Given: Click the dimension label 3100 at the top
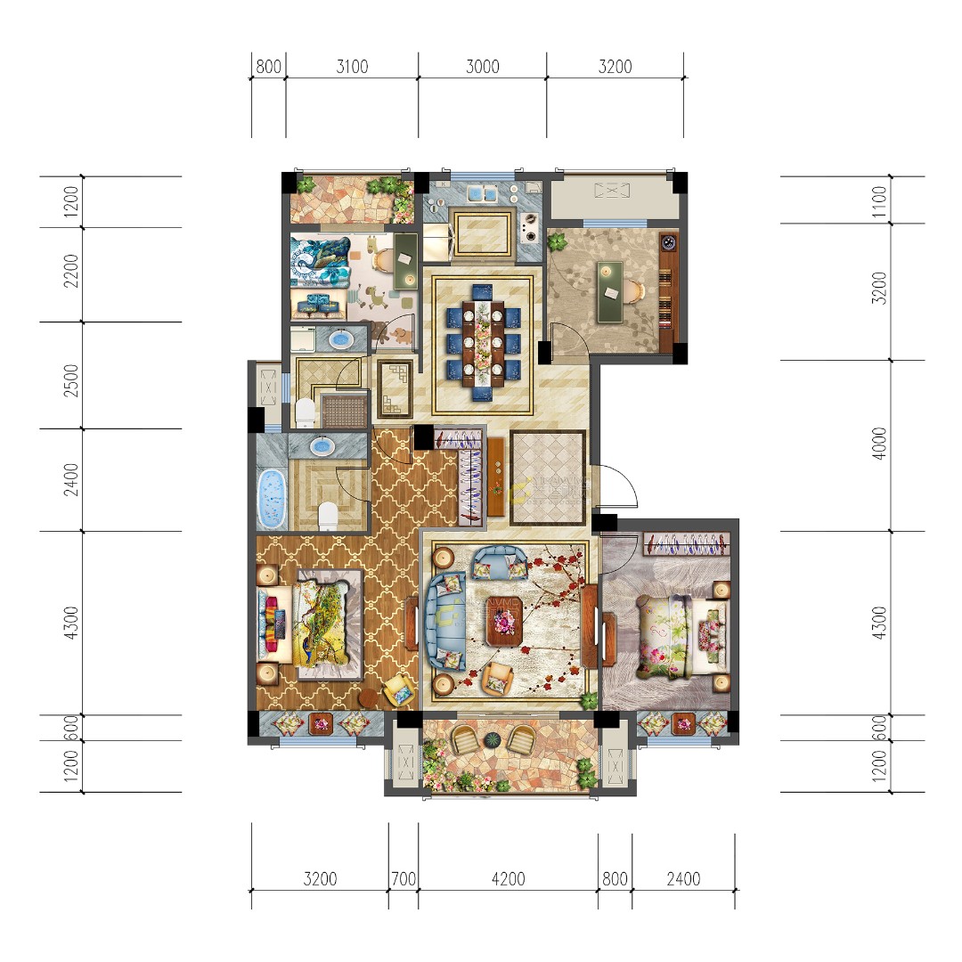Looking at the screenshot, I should pos(353,67).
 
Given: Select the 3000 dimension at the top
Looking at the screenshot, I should pos(482,67).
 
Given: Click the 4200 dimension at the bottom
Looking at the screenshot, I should pos(508,879).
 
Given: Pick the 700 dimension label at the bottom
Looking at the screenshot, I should pos(404,879).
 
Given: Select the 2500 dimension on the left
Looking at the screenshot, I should pos(72,376).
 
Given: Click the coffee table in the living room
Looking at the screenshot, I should pos(505,626).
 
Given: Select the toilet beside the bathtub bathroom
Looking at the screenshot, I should pos(328,513).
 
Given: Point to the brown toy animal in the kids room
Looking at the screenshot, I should pos(398,335).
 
